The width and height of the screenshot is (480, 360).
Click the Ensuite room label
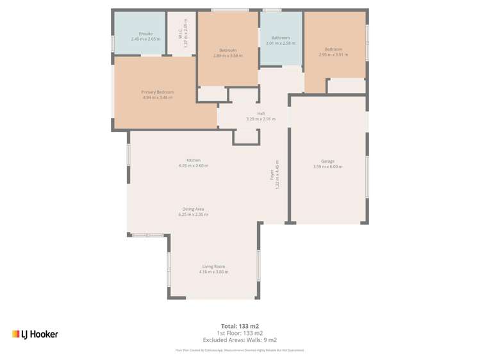145,33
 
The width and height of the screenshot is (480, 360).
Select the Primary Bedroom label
157,92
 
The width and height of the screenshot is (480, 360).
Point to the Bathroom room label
280,38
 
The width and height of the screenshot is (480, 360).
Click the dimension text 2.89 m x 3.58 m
228,56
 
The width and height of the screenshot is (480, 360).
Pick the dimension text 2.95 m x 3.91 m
333,54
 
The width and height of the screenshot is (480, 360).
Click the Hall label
261,113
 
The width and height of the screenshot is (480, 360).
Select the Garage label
327,161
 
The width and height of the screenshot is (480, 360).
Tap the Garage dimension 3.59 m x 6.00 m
327,167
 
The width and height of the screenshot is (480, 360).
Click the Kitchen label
193,160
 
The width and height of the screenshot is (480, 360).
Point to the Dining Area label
193,209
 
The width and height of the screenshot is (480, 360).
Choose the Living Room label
213,266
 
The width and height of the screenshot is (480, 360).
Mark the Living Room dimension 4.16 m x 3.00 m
213,272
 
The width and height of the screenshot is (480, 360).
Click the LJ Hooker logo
35,334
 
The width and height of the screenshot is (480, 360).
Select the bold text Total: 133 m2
240,325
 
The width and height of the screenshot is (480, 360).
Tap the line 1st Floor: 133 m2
240,333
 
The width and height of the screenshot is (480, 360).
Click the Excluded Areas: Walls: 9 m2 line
240,340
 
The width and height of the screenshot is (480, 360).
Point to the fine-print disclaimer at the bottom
240,350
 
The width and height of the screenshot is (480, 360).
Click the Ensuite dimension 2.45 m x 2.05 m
145,39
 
